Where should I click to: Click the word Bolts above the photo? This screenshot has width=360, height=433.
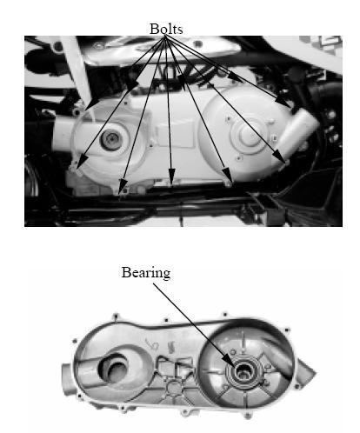tap(166, 29)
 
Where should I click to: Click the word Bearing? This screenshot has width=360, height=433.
tap(146, 273)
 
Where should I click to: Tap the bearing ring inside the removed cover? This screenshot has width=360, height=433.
tap(244, 372)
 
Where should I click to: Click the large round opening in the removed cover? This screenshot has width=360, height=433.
tap(111, 370)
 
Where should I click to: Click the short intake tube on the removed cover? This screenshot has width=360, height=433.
tap(67, 377)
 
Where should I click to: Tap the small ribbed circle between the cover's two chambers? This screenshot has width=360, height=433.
tap(173, 387)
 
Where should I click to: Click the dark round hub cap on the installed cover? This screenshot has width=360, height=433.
tap(110, 139)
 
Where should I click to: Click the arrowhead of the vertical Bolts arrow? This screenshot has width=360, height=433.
tap(171, 174)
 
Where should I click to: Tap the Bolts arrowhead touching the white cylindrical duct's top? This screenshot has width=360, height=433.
tap(283, 102)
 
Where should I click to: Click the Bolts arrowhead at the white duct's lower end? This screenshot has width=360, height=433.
tap(279, 156)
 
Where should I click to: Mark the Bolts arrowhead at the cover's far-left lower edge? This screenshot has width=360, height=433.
tap(81, 162)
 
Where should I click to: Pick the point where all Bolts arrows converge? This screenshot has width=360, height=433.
tap(166, 37)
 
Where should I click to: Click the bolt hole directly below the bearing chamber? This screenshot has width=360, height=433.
tap(247, 416)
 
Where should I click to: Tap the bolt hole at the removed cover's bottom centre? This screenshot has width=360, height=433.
tap(184, 412)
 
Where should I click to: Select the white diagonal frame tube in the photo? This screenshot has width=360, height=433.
tap(77, 71)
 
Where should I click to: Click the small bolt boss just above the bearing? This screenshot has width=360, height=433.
tap(233, 351)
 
